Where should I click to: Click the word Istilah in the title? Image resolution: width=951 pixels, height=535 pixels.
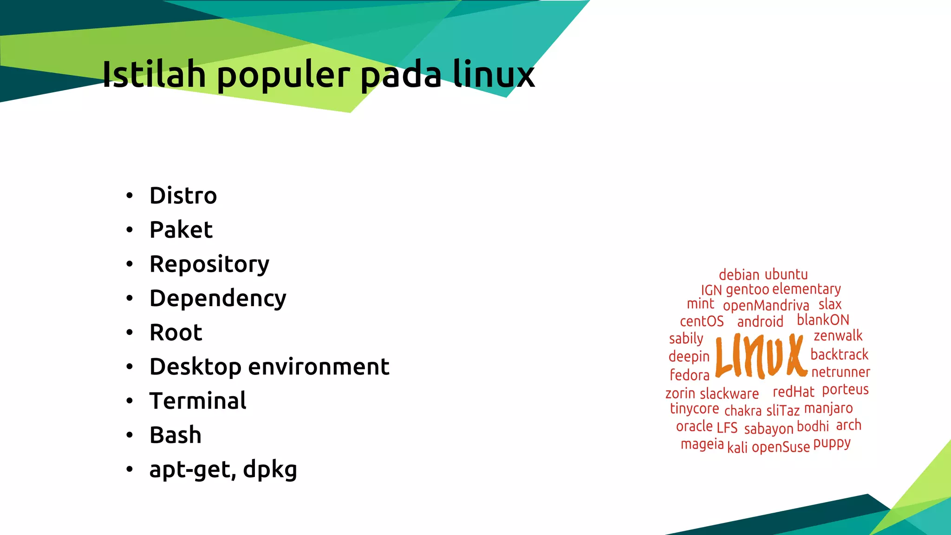(x=154, y=74)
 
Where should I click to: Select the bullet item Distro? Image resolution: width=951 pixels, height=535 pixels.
(x=183, y=196)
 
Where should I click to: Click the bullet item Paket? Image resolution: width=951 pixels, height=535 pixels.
(x=181, y=230)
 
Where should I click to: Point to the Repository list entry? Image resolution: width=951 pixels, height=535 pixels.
(x=209, y=265)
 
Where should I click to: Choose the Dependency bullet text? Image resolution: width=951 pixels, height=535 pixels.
(x=218, y=299)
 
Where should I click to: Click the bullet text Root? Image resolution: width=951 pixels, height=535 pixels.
(x=176, y=333)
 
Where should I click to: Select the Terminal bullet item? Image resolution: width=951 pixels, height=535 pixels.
(x=198, y=401)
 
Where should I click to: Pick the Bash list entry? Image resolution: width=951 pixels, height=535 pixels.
(x=176, y=435)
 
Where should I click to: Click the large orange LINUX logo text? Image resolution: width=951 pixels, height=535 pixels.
(x=761, y=355)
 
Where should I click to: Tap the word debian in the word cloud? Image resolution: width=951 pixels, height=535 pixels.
(x=739, y=275)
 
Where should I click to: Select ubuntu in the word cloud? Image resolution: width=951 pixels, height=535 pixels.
(x=786, y=274)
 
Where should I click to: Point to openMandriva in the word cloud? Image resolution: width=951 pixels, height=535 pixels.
(x=766, y=306)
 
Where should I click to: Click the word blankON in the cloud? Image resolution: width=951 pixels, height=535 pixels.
(x=823, y=320)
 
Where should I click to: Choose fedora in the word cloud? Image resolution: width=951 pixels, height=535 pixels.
(x=690, y=375)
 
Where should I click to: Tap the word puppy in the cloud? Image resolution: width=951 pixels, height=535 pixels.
(x=832, y=444)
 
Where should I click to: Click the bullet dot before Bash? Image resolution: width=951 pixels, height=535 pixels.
(x=130, y=435)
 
